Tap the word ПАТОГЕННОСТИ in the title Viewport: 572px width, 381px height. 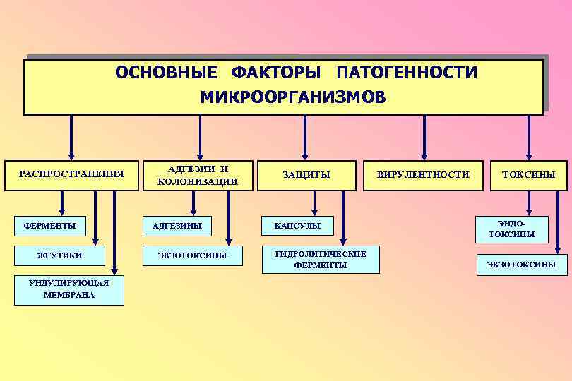click(407, 73)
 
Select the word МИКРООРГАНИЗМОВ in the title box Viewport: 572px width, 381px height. click(293, 97)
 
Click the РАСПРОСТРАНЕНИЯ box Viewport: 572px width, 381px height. click(71, 174)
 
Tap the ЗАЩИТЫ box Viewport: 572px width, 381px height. click(306, 174)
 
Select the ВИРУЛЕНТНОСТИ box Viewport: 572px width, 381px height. click(423, 174)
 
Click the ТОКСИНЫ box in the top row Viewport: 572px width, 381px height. click(529, 174)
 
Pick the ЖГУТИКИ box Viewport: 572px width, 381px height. click(61, 255)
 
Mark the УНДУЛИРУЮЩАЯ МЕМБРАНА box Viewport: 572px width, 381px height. click(69, 289)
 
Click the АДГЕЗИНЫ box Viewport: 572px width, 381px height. click(181, 226)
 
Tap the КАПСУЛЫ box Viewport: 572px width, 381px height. click(298, 226)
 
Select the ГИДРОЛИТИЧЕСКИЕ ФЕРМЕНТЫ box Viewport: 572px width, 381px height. click(320, 260)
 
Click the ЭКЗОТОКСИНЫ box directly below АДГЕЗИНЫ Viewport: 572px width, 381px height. click(192, 255)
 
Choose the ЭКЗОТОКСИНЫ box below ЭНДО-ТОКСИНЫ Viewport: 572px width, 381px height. click(521, 265)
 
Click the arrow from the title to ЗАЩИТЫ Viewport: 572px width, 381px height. click(305, 135)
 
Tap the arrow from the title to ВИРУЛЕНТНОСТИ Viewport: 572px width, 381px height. click(424, 135)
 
